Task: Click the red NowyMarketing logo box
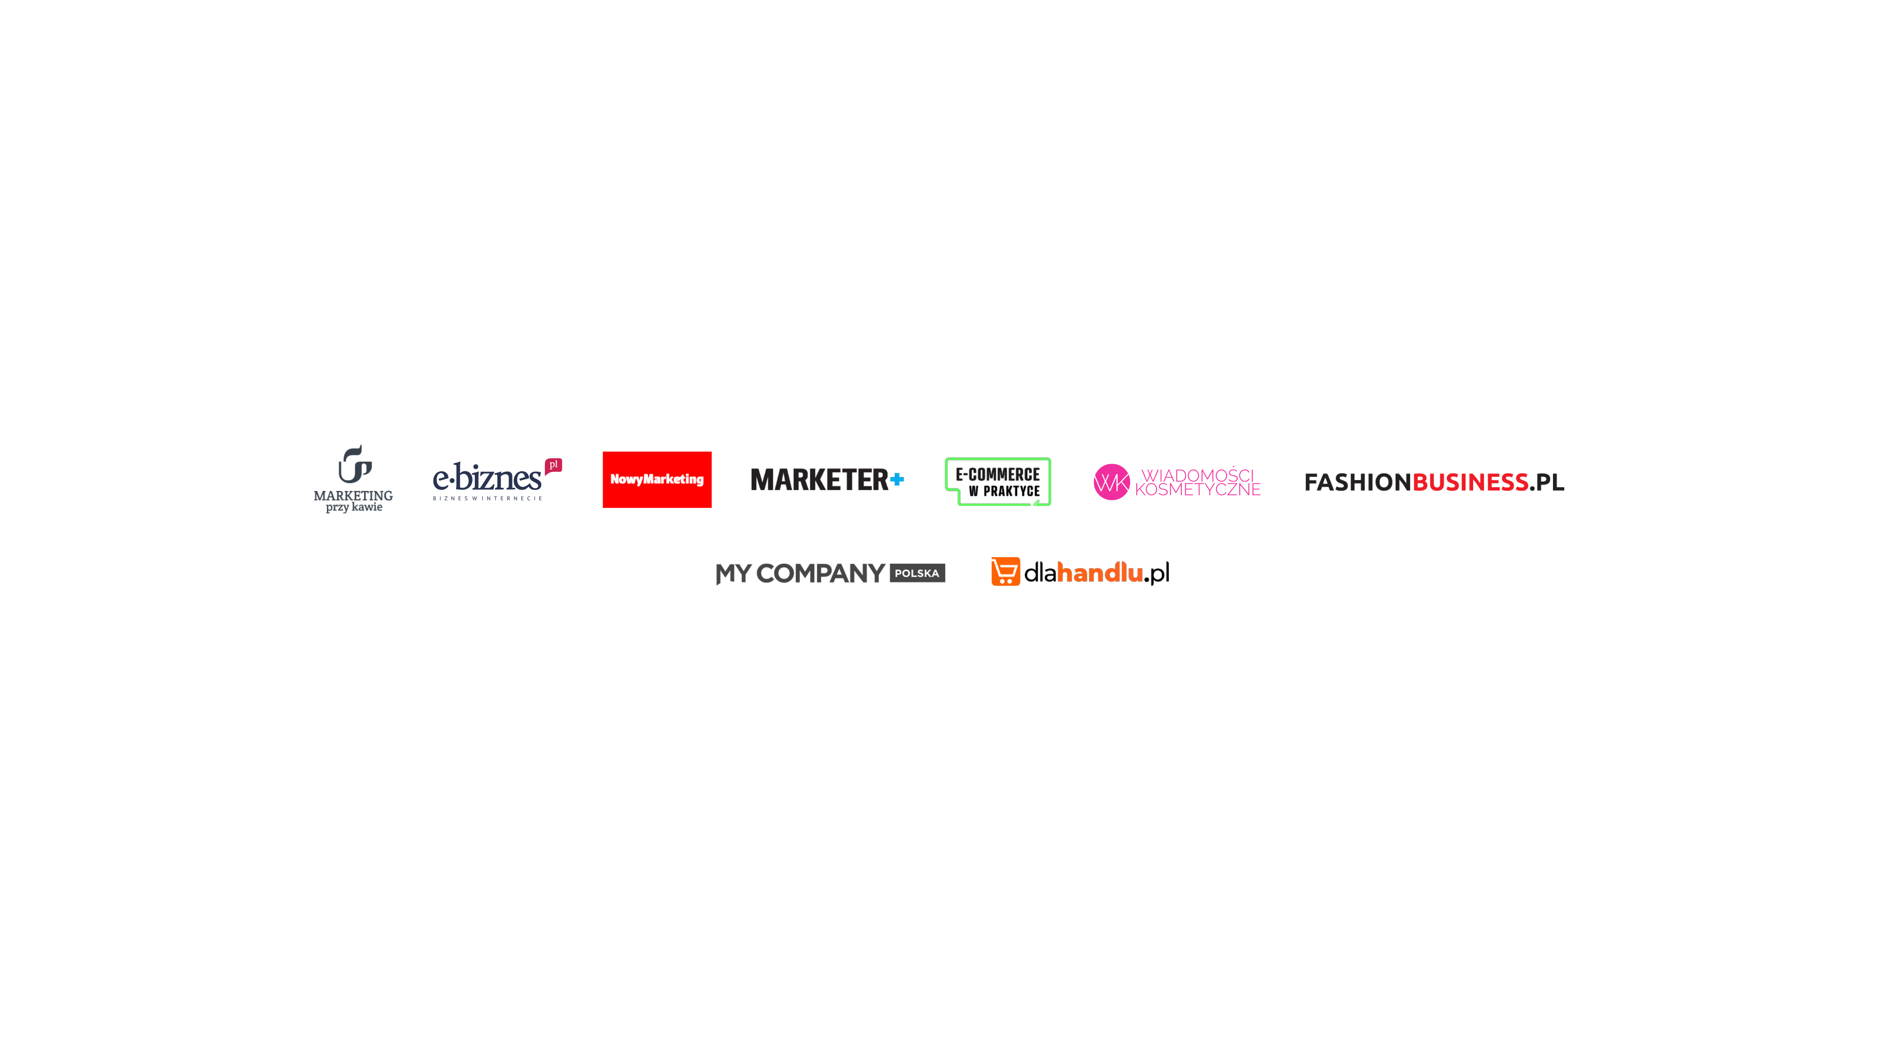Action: pyautogui.click(x=657, y=479)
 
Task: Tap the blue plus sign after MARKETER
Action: pyautogui.click(x=897, y=479)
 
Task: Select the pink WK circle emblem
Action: pyautogui.click(x=1111, y=482)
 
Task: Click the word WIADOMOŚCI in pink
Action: pyautogui.click(x=1197, y=475)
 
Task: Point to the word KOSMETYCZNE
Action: pyautogui.click(x=1198, y=490)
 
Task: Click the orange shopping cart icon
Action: pyautogui.click(x=1005, y=571)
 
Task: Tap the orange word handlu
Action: pyautogui.click(x=1099, y=573)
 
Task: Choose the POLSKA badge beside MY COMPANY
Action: pyautogui.click(x=917, y=573)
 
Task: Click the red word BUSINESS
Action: pyautogui.click(x=1470, y=482)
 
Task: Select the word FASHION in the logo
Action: pyautogui.click(x=1357, y=482)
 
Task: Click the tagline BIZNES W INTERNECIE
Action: pyautogui.click(x=487, y=499)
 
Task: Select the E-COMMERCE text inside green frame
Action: pyautogui.click(x=997, y=475)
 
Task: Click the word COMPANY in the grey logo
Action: pyautogui.click(x=821, y=573)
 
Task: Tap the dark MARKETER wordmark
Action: pyautogui.click(x=818, y=480)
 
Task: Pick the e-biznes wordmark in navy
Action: pyautogui.click(x=487, y=479)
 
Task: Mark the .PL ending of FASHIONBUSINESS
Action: pyautogui.click(x=1546, y=482)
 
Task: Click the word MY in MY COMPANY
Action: pyautogui.click(x=733, y=573)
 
